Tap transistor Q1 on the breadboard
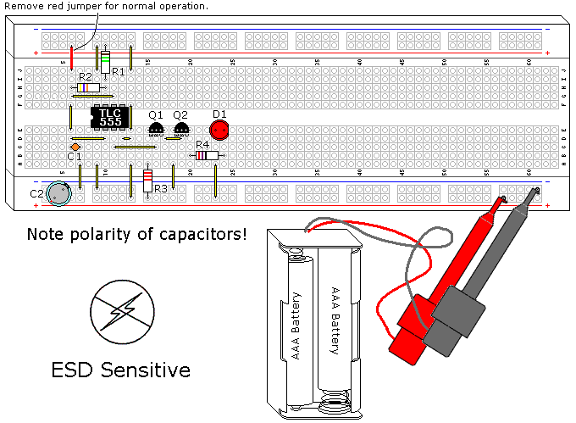point(156,130)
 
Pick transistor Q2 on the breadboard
point(180,130)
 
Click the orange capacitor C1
point(75,147)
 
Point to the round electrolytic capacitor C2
point(58,193)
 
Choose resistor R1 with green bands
point(105,58)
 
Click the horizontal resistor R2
point(86,87)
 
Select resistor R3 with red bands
point(147,181)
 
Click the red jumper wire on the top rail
point(71,58)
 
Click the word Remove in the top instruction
point(24,6)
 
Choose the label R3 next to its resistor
point(160,187)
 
